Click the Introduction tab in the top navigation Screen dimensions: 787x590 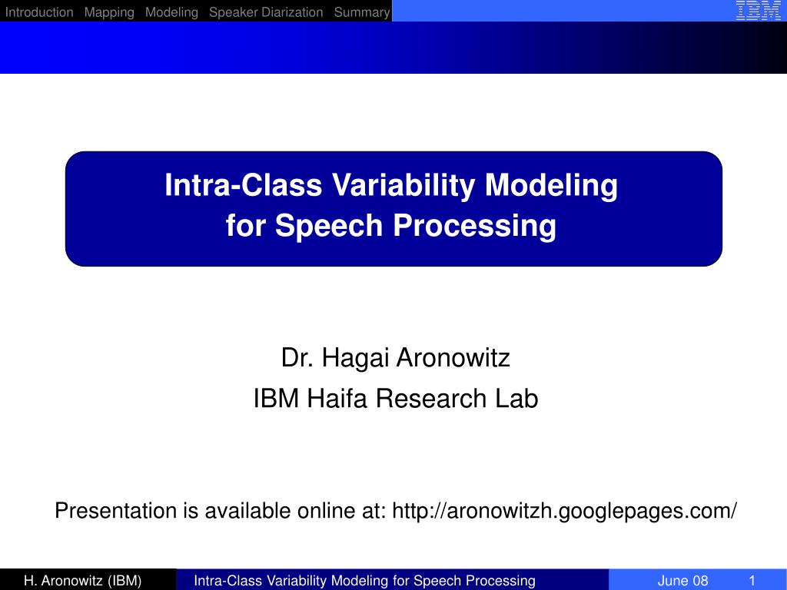(x=39, y=12)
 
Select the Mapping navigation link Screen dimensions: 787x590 (x=109, y=12)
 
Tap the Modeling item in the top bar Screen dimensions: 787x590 (x=171, y=12)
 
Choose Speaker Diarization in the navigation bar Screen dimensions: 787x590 (x=266, y=12)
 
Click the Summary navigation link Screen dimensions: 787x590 (x=362, y=12)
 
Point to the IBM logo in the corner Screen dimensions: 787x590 (x=758, y=11)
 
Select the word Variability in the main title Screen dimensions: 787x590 (x=403, y=186)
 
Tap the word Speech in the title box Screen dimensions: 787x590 (x=329, y=225)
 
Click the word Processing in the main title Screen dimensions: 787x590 (x=475, y=226)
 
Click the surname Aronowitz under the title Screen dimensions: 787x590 (x=453, y=358)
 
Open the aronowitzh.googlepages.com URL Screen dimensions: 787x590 (x=565, y=511)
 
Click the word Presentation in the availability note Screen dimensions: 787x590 (x=115, y=511)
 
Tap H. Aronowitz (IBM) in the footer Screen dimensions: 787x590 (x=83, y=581)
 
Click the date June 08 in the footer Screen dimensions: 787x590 (x=682, y=581)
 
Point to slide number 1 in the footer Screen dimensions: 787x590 (x=752, y=581)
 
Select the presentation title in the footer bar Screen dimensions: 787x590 (x=364, y=581)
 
